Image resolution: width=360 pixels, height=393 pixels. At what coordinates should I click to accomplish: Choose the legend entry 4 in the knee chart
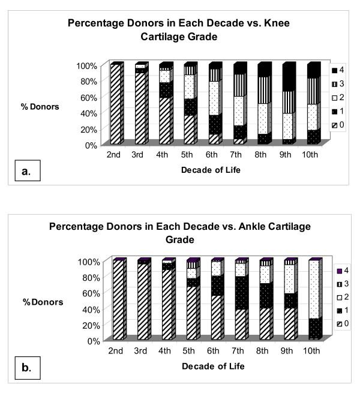click(x=338, y=71)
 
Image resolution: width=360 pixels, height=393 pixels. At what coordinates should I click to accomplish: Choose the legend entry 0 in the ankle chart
click(x=338, y=324)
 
